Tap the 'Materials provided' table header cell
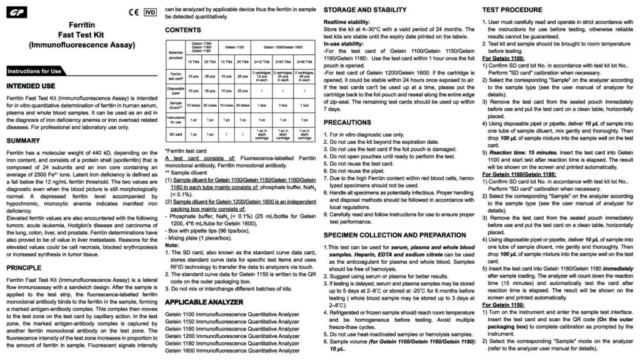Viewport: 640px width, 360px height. [x=176, y=54]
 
